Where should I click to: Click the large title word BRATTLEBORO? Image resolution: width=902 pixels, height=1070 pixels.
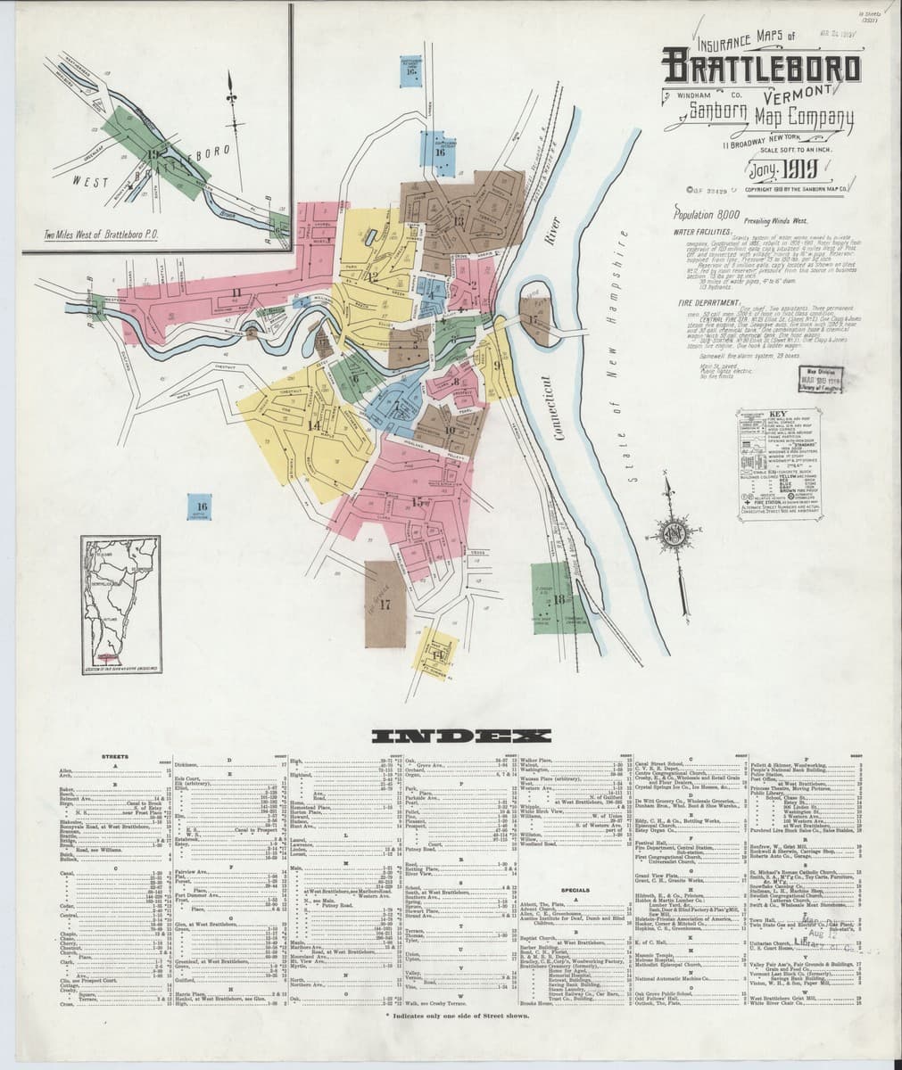coord(761,68)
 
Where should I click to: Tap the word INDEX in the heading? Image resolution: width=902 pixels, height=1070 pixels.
coord(451,737)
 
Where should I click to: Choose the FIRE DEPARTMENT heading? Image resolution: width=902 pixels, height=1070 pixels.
coord(704,303)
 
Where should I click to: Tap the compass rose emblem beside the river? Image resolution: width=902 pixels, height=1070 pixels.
coord(673,533)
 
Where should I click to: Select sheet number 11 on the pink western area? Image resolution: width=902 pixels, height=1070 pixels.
coord(236,292)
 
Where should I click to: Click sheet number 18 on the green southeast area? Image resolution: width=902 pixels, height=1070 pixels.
coord(559,597)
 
